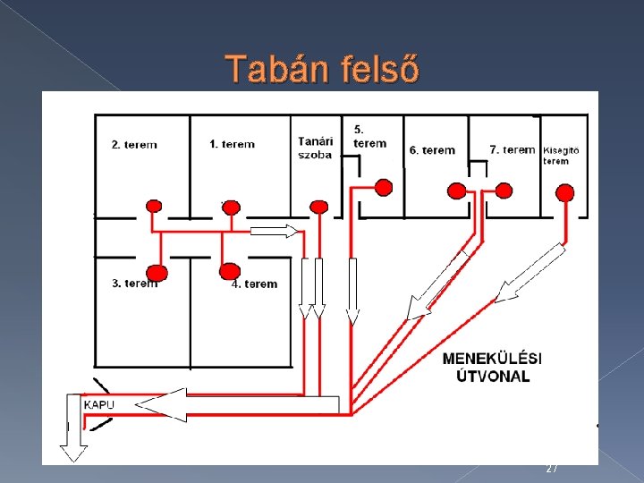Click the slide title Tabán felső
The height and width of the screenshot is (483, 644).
point(322,69)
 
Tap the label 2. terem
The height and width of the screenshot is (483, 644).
point(134,145)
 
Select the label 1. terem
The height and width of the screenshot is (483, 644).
point(232,144)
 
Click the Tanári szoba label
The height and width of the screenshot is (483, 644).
point(315,148)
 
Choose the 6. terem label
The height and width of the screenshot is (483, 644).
point(432,150)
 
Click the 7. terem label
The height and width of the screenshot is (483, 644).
point(513,149)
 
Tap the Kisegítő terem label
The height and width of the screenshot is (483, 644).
point(562,156)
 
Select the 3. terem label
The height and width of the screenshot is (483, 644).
point(134,284)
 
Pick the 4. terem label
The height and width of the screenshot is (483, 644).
point(255,284)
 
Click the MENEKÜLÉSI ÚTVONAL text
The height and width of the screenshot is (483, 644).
point(492,367)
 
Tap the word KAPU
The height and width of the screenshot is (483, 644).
point(98,405)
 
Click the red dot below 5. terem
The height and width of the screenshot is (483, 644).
point(383,187)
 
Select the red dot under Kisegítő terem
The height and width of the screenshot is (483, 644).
point(564,192)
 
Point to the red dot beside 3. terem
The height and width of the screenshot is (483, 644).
point(157,272)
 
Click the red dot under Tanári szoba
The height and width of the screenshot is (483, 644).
point(318,208)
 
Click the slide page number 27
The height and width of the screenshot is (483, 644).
point(552,469)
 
